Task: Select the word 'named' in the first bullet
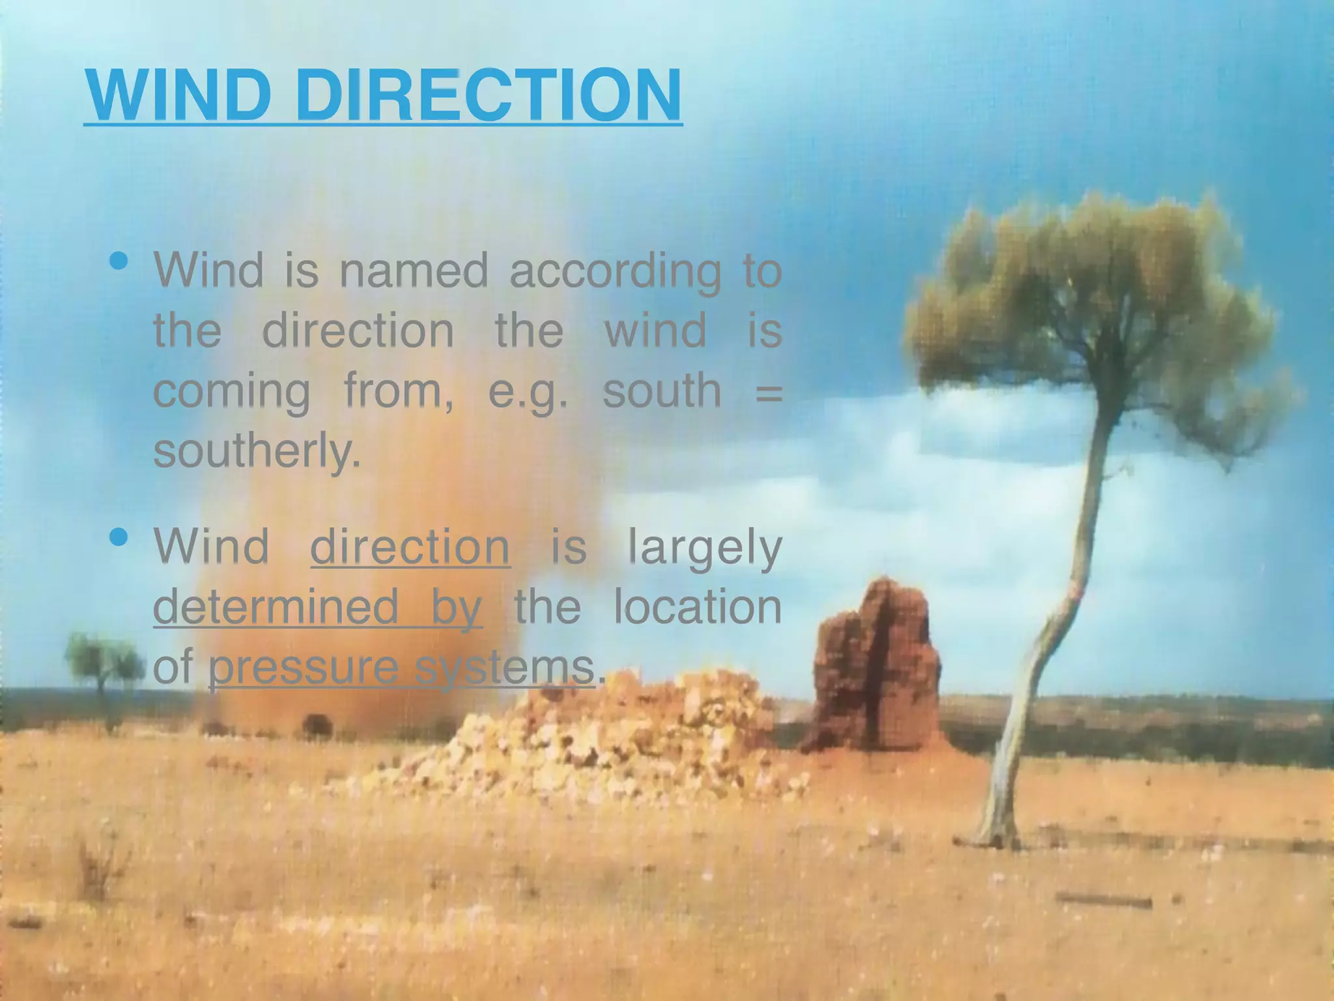(414, 271)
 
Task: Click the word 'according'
(615, 272)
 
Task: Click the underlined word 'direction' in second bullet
(410, 546)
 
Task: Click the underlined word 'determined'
(276, 606)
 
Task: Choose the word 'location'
(697, 606)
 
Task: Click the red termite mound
(876, 671)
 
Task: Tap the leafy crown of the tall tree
(1094, 293)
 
